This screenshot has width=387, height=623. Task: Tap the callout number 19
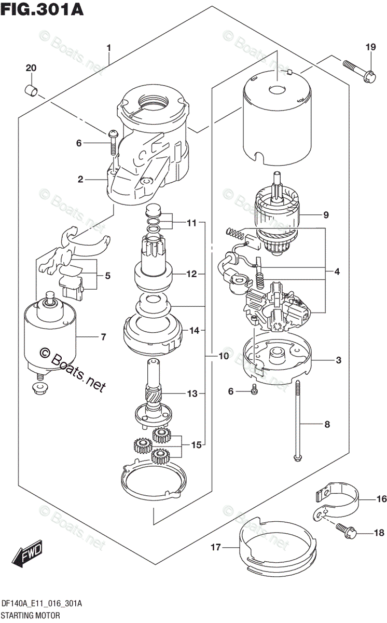[369, 48]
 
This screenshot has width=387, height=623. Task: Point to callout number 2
[80, 180]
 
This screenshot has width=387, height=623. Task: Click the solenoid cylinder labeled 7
[50, 332]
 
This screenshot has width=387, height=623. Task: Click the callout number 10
[223, 356]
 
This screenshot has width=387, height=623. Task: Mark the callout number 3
[337, 360]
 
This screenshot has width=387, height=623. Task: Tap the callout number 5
[107, 276]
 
